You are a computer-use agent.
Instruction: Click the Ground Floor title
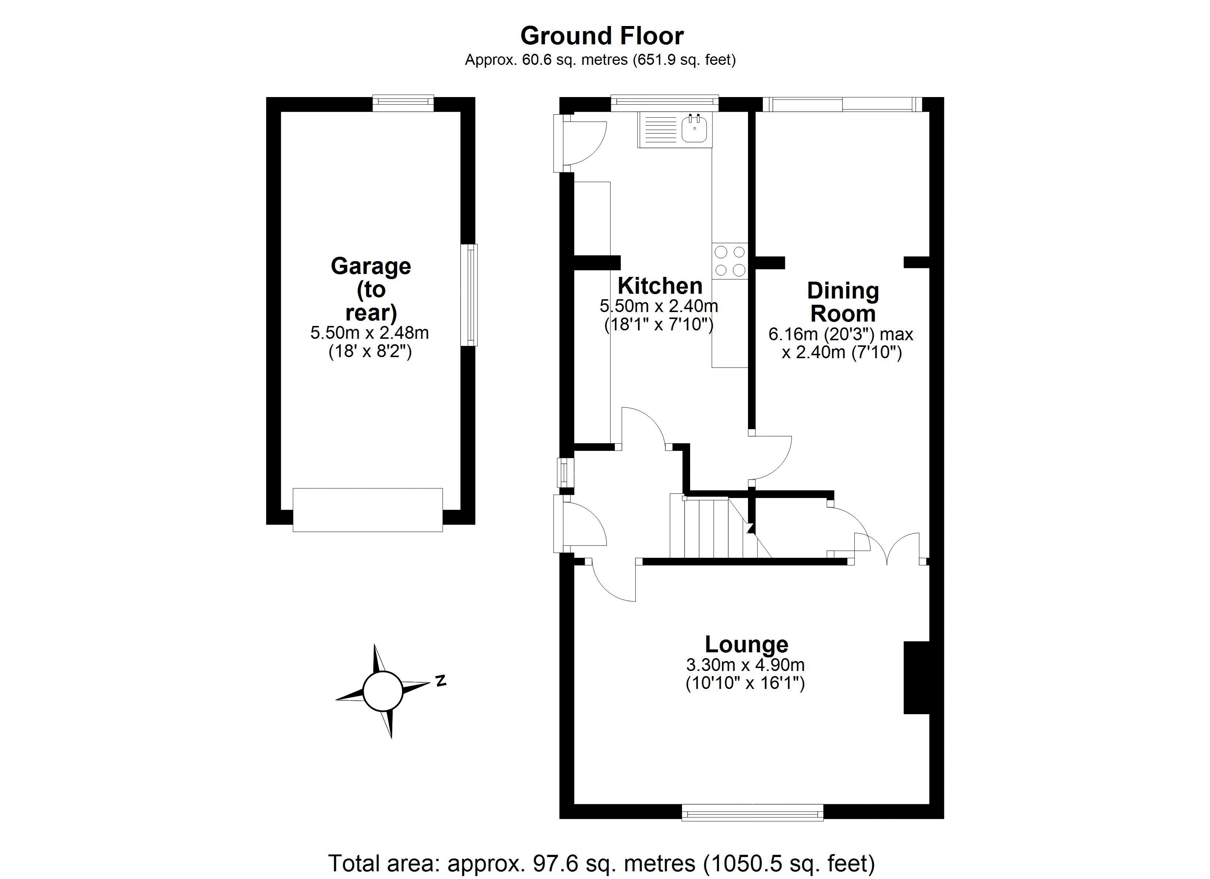[x=601, y=36]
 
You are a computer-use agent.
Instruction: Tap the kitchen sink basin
[x=694, y=129]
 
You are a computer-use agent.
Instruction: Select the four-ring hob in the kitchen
[x=729, y=261]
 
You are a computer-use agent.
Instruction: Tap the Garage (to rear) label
[x=371, y=289]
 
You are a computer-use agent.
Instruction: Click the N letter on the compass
[x=441, y=681]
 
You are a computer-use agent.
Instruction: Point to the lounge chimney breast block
[x=916, y=677]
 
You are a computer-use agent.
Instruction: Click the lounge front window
[x=752, y=813]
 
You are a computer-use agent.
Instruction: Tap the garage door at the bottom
[x=368, y=509]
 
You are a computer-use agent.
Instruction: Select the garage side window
[x=469, y=295]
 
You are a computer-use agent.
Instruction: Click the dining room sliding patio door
[x=842, y=104]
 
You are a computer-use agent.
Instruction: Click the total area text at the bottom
[x=601, y=863]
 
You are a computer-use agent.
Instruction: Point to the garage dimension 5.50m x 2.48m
[x=369, y=333]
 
